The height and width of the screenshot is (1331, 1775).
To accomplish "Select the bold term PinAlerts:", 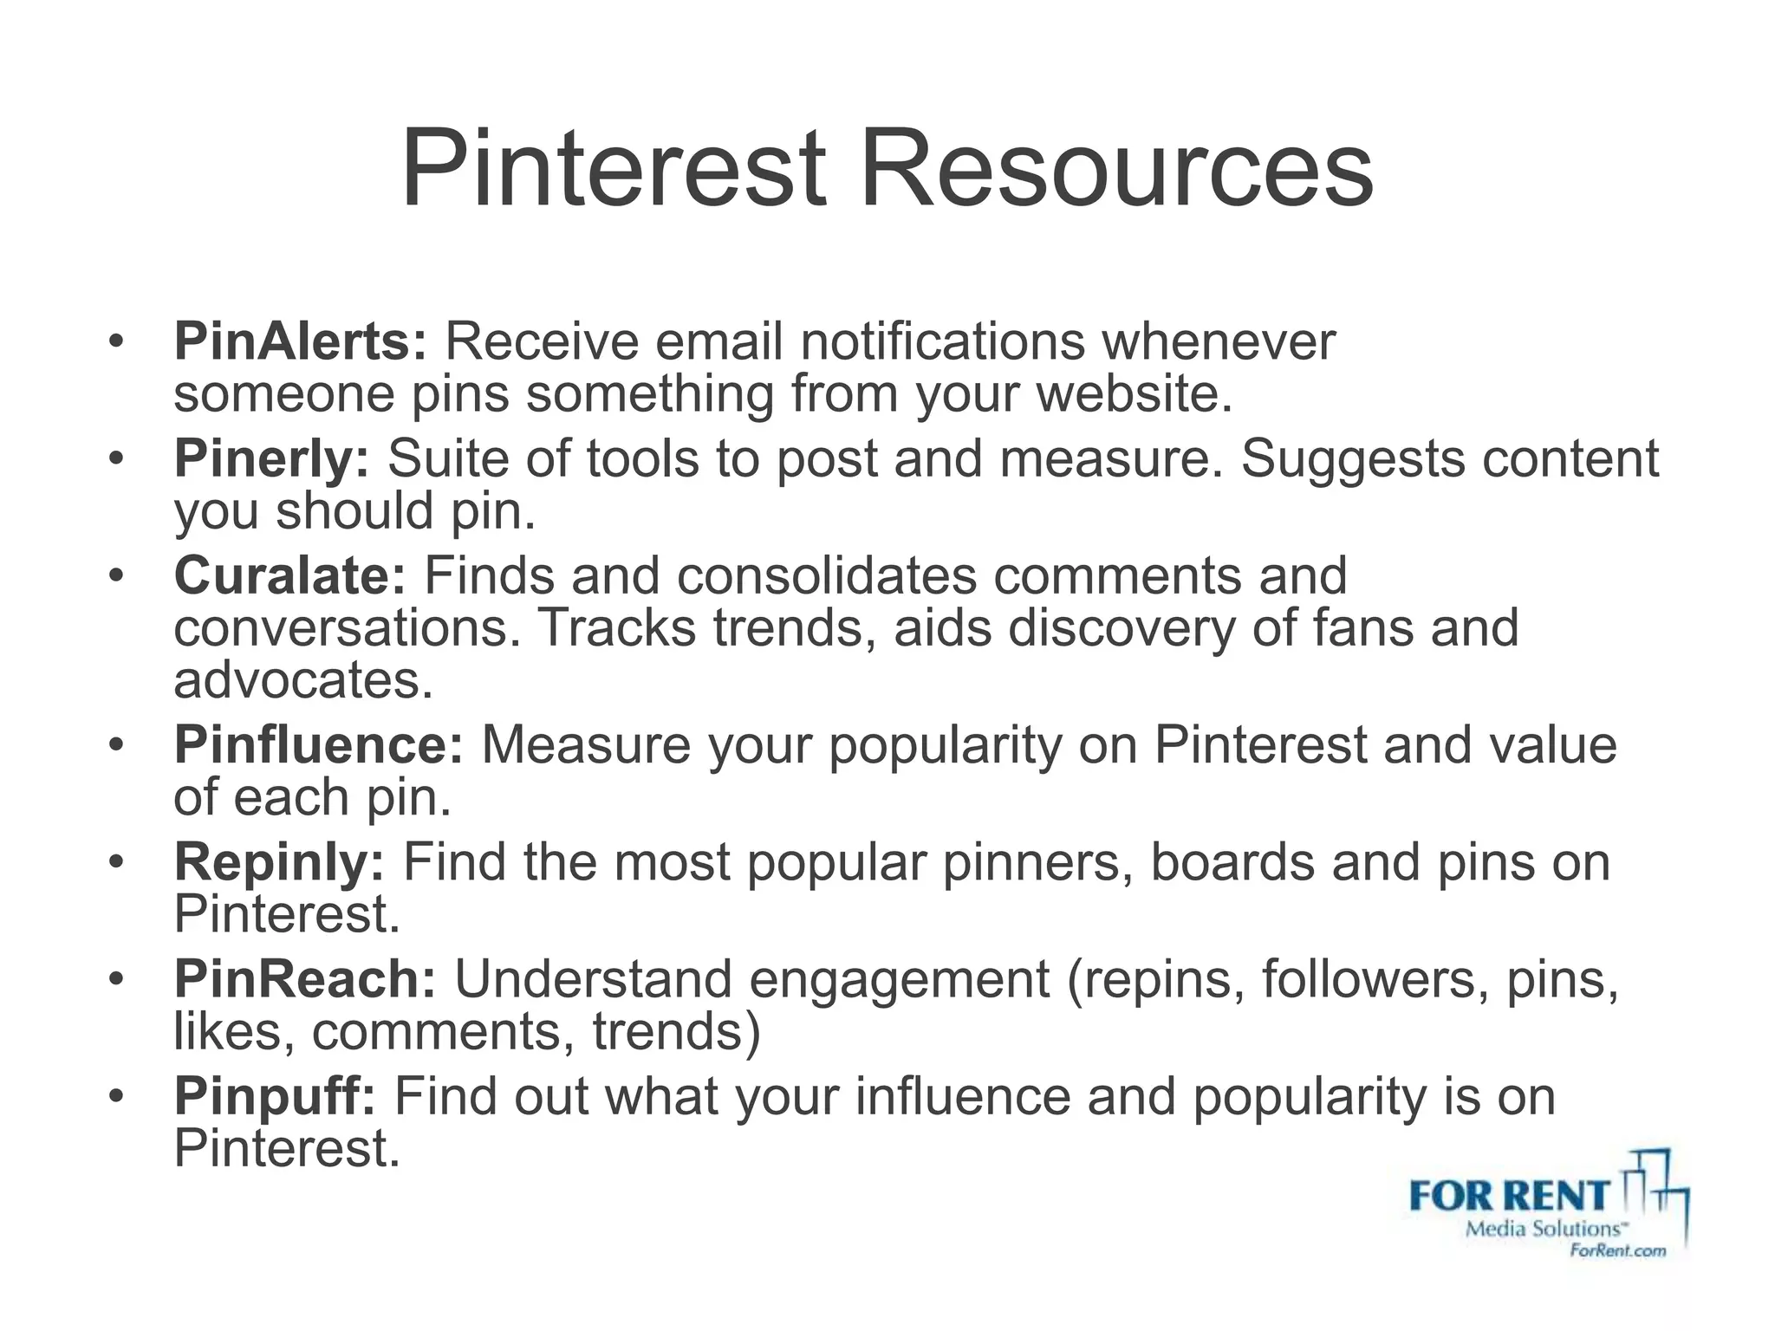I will [300, 341].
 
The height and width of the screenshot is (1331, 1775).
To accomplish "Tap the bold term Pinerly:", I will [271, 458].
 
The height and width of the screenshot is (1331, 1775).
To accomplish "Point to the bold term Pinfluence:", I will [319, 744].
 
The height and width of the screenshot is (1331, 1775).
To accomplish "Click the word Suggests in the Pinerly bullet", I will [1352, 458].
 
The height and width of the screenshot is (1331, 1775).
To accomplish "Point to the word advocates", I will [302, 680].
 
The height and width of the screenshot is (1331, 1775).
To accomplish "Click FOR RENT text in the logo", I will [1509, 1197].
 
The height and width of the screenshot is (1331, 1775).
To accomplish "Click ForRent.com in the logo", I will [1617, 1250].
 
